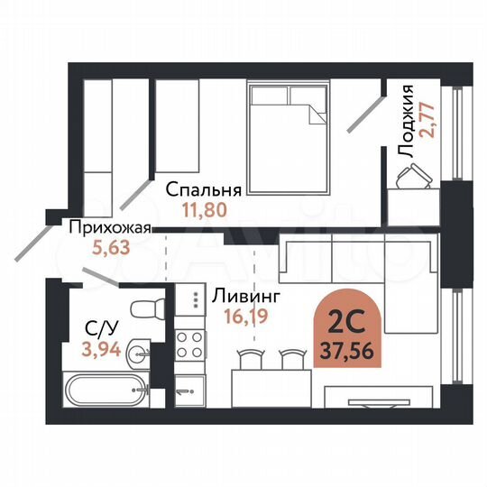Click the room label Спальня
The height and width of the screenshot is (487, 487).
204,190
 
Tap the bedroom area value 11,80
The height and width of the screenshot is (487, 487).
204,210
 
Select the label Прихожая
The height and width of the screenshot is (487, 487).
107,228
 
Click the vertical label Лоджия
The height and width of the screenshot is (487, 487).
409,121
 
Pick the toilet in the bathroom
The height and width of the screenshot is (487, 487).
145,308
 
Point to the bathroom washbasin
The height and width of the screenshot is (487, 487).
138,352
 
